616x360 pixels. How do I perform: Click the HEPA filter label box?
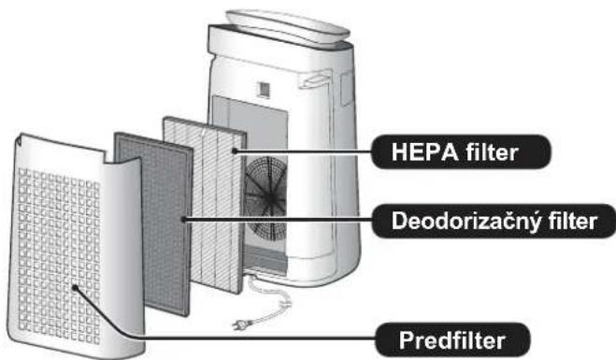click(x=461, y=152)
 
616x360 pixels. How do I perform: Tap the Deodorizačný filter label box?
click(x=494, y=221)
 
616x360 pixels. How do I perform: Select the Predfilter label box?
click(x=452, y=340)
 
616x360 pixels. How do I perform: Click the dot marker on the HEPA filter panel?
click(x=235, y=151)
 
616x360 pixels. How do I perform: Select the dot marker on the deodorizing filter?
click(x=184, y=220)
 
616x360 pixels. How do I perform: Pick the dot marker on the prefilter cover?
click(x=75, y=288)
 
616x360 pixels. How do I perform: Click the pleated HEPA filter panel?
click(x=205, y=205)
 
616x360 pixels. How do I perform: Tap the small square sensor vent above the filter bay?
click(x=264, y=89)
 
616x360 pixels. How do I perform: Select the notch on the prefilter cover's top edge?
click(x=106, y=156)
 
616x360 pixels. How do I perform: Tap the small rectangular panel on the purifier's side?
click(x=347, y=89)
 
